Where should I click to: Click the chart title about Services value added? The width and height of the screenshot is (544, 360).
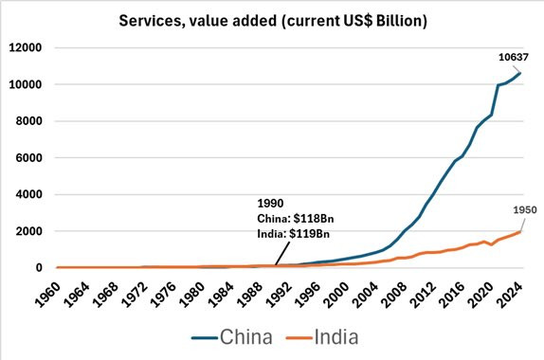pos(273,21)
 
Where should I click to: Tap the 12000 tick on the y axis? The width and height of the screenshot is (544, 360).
pos(26,47)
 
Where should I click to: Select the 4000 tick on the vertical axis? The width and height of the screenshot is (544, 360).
pos(28,194)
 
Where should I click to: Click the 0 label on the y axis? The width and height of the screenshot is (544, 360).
pos(39,267)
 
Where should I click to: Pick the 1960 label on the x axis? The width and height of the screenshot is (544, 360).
pos(47,295)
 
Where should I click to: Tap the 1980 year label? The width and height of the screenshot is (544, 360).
pos(191,295)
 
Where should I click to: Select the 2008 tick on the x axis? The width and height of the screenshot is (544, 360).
pos(394,295)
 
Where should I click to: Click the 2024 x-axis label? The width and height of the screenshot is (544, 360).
pos(510,295)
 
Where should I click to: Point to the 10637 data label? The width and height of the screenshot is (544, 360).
pos(513,57)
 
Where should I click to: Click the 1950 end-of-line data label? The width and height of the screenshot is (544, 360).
pos(525,209)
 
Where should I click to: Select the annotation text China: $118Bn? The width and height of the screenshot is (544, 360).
pos(296,219)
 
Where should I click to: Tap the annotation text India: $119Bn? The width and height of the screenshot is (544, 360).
pos(293,234)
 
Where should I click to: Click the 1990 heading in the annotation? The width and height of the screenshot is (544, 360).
pos(270,204)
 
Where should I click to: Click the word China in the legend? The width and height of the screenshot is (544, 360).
pos(246,336)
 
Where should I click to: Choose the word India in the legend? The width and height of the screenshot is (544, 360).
pos(336,336)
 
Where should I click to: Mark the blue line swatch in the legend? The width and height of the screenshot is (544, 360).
pos(205,337)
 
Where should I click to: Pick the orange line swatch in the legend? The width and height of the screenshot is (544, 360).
pos(299,337)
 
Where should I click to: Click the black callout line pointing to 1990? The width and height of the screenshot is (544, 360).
pos(282,254)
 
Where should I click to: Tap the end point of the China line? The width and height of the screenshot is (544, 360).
pos(520,73)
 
